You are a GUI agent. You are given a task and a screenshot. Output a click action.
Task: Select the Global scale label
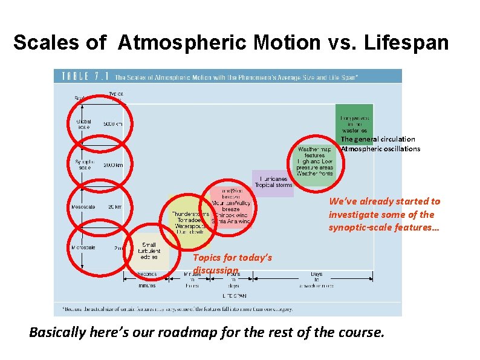[84, 124]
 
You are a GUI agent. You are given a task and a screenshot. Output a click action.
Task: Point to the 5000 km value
[113, 123]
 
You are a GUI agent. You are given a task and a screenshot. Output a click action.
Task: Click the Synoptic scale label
[83, 164]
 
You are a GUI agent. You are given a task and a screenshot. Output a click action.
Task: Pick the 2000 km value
[113, 165]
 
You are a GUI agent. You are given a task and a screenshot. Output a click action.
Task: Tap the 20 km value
[115, 207]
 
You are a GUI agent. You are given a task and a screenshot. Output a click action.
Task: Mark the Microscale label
[82, 247]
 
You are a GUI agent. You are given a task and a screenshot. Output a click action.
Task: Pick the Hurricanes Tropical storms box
[273, 182]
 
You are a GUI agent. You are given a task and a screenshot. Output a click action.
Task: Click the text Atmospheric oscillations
[380, 149]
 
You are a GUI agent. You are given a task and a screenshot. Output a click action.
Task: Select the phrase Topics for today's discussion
[232, 263]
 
